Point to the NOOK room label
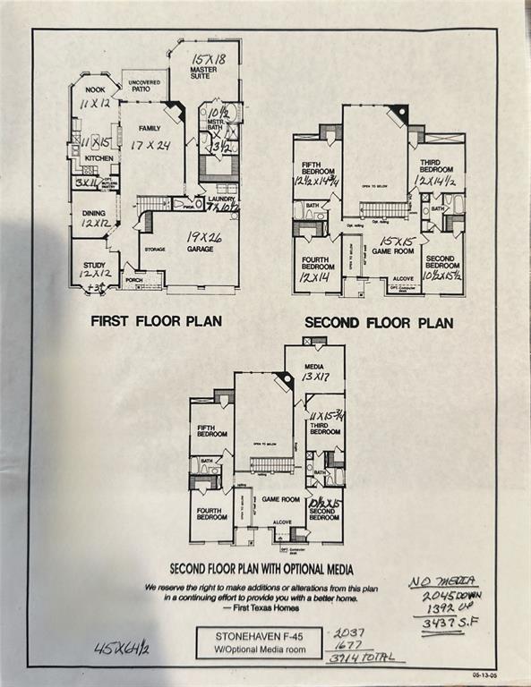(x=95, y=90)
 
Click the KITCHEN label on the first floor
(x=99, y=157)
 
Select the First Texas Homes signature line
(x=261, y=606)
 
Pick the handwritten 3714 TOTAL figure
(x=361, y=657)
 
